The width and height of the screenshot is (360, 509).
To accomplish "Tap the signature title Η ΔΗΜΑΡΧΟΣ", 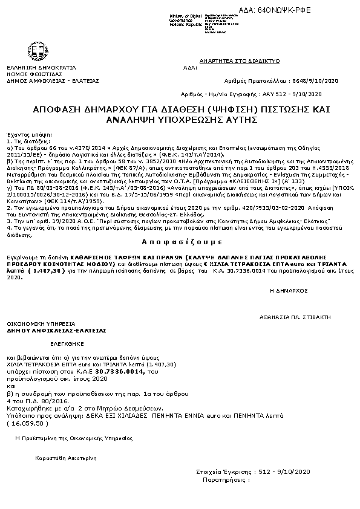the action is (288, 291).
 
